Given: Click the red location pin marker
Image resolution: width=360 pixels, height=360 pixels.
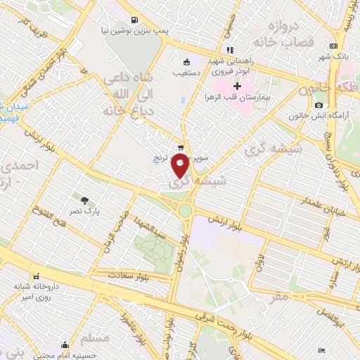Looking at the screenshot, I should pyautogui.click(x=181, y=167).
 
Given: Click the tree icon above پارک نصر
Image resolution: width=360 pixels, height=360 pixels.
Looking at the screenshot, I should pyautogui.click(x=86, y=200).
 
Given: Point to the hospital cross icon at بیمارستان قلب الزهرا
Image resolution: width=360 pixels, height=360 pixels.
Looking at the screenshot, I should pyautogui.click(x=237, y=86).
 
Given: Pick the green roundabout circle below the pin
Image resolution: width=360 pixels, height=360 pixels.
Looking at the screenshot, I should pyautogui.click(x=185, y=210).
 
